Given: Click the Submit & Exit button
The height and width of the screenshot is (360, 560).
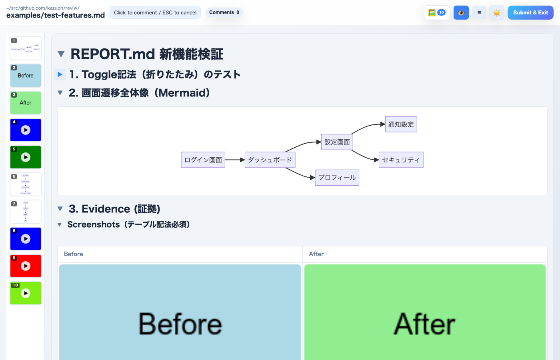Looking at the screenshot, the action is (530, 13).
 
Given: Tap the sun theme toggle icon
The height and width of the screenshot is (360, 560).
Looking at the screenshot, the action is (497, 13).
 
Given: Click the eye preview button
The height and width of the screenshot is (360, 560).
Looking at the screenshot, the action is (461, 13).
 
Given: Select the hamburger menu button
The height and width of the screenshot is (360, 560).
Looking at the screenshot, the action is (479, 13).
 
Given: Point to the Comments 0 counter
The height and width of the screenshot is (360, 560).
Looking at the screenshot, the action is (224, 12).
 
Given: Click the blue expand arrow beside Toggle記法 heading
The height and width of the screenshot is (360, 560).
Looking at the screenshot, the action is (60, 74).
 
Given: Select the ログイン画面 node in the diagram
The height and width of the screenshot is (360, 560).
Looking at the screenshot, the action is (203, 160).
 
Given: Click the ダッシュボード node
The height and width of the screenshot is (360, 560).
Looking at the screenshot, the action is (270, 160).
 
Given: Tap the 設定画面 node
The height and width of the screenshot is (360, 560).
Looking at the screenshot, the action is (337, 142).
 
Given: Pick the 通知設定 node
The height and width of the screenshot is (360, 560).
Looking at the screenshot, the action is (401, 124).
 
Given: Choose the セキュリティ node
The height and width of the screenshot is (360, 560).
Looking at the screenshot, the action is (401, 160).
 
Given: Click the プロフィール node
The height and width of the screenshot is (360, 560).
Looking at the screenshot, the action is (337, 178).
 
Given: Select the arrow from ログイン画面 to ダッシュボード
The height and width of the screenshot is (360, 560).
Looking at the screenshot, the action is (235, 160).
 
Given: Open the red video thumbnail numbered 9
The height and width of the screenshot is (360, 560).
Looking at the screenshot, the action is (26, 266).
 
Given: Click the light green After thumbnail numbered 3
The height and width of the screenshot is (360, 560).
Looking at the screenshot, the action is (26, 103).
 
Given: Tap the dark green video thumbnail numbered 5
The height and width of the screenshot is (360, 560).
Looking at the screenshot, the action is (26, 157).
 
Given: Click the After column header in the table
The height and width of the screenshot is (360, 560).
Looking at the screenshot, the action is (316, 254).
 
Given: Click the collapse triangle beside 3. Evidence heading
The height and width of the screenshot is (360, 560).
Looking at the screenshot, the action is (60, 209).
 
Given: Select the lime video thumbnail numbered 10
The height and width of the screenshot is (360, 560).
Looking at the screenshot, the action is (26, 293).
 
